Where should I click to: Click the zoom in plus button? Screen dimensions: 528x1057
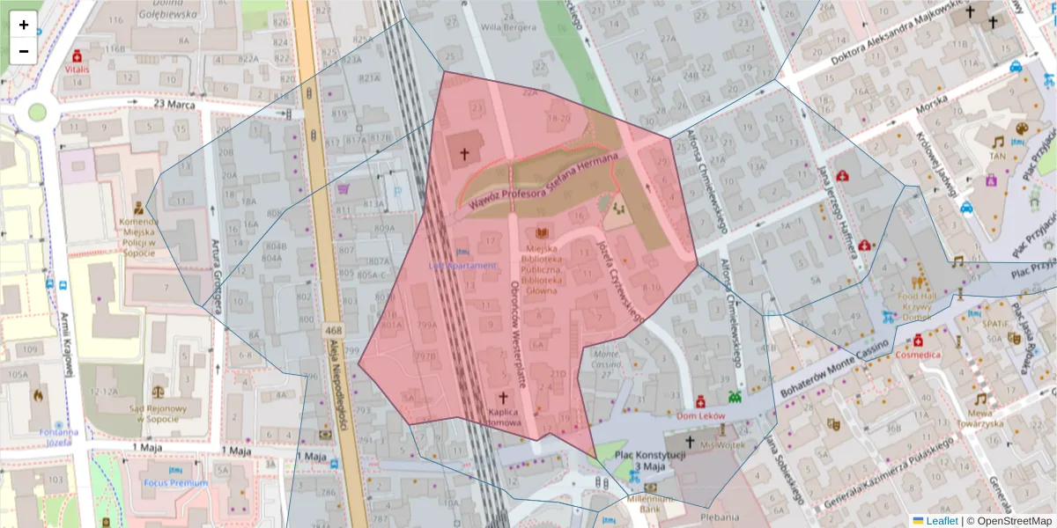pyautogui.click(x=24, y=25)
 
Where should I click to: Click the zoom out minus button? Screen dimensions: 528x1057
pyautogui.click(x=24, y=51)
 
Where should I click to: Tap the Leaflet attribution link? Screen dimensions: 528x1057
pyautogui.click(x=935, y=521)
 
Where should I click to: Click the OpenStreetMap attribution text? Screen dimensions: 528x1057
pyautogui.click(x=1012, y=521)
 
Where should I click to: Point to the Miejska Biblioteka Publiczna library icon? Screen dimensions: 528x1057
pyautogui.click(x=542, y=233)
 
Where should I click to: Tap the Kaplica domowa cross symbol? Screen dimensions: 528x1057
pyautogui.click(x=505, y=397)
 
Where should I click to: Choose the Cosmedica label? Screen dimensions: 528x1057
pyautogui.click(x=918, y=355)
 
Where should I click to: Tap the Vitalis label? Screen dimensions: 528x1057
pyautogui.click(x=77, y=68)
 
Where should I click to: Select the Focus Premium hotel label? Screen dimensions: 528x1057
pyautogui.click(x=176, y=483)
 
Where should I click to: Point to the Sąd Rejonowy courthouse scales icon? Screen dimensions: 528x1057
pyautogui.click(x=159, y=388)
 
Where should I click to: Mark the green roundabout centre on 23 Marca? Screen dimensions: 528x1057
pyautogui.click(x=37, y=112)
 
